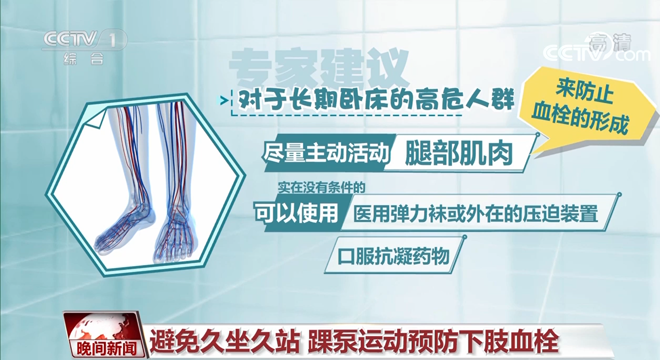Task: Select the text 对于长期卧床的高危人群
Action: click(x=376, y=100)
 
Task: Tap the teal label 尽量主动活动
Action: click(x=326, y=153)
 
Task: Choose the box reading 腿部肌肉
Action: click(x=460, y=154)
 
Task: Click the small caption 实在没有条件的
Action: click(x=321, y=188)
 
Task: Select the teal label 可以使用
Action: click(x=297, y=213)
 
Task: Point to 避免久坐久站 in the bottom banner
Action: click(x=224, y=341)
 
